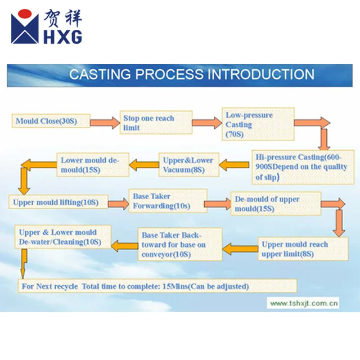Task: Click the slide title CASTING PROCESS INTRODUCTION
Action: (x=192, y=75)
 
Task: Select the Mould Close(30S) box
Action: (x=50, y=121)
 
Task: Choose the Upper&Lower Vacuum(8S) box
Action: (x=188, y=165)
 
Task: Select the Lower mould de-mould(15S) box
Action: (x=93, y=165)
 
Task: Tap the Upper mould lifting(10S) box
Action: (x=58, y=202)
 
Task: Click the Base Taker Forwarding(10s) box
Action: (x=168, y=201)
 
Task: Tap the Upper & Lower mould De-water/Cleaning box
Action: (x=63, y=237)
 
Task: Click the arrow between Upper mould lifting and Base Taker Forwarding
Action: (x=118, y=203)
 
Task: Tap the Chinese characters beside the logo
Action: (x=63, y=19)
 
